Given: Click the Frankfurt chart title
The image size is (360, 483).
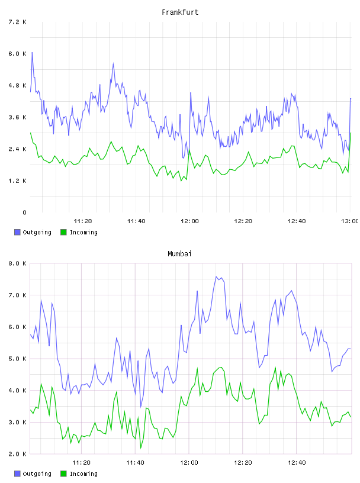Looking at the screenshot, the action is click(180, 12).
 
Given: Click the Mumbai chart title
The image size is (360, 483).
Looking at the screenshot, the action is click(179, 254).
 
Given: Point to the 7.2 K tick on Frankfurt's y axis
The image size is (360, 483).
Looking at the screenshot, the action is click(17, 22).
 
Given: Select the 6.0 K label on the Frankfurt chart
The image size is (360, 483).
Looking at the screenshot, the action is click(17, 54).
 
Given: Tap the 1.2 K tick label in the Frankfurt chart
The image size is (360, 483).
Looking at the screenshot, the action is click(17, 181).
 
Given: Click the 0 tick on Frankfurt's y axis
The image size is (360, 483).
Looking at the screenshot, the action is click(24, 212).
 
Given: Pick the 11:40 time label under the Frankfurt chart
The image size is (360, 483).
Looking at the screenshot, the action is click(136, 221).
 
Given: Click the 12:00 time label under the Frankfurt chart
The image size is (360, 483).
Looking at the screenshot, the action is click(189, 221).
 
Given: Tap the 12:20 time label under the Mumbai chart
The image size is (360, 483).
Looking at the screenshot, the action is click(243, 462).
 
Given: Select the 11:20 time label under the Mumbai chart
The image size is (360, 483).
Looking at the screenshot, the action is click(81, 462).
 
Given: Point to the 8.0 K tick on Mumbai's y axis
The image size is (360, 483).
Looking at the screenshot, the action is click(17, 263).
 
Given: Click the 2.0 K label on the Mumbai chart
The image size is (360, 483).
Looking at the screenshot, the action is click(17, 454).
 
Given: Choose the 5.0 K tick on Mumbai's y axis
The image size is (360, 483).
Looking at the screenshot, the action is click(17, 359).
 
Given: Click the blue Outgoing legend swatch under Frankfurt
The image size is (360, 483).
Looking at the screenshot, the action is click(17, 232).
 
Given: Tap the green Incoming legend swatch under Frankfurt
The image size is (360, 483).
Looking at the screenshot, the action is click(63, 232).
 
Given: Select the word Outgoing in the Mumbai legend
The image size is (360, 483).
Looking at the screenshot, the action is click(37, 474).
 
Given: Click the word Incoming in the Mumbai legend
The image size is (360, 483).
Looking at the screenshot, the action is click(83, 474).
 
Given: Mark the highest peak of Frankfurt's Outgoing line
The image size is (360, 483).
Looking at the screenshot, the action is click(32, 52).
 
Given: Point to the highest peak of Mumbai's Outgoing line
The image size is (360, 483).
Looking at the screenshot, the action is click(216, 276).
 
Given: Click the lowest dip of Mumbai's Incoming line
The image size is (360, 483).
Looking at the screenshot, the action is click(141, 448).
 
